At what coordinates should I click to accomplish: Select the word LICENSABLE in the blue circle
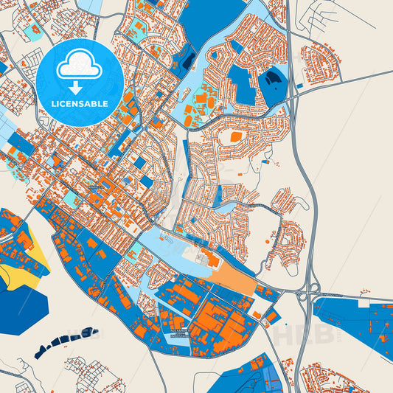tap(79, 104)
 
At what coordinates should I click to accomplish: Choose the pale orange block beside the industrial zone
tap(235, 279)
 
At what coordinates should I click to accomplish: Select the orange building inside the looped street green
tap(235, 136)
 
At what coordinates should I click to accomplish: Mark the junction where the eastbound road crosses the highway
tap(293, 93)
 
